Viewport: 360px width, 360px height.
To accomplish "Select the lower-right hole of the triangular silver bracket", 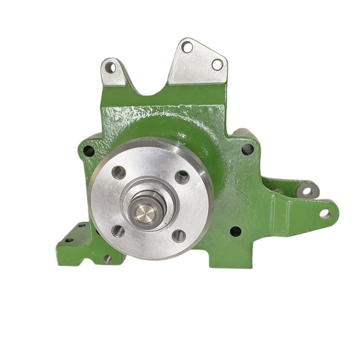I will click(217, 64).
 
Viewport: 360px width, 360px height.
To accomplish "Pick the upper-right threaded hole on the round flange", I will click(183, 177).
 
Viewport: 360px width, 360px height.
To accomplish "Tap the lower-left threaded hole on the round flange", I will click(118, 230).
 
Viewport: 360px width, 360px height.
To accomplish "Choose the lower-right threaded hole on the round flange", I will click(179, 234).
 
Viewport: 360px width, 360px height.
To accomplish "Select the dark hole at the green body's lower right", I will click(234, 231).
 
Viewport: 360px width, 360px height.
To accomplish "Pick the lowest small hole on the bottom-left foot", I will click(107, 258).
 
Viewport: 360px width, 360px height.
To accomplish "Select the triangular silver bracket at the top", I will click(196, 63).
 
